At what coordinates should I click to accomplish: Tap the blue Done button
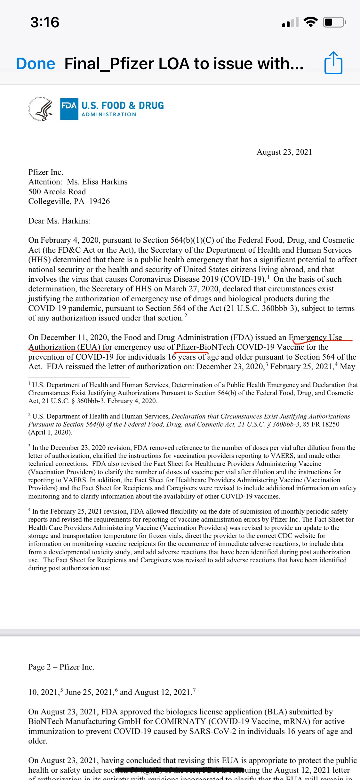(36, 64)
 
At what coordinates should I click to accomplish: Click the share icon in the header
(333, 63)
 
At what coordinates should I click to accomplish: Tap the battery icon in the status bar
(334, 22)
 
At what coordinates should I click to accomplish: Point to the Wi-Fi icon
(310, 22)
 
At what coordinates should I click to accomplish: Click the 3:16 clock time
(45, 22)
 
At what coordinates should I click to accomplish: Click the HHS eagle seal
(41, 109)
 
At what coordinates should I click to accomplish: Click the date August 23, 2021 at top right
(284, 152)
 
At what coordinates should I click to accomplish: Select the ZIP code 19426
(100, 201)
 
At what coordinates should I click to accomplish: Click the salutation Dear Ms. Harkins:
(60, 221)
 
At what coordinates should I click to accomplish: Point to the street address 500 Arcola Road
(57, 192)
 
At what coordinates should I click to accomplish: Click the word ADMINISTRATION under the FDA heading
(109, 115)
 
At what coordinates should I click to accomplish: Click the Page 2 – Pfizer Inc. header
(61, 667)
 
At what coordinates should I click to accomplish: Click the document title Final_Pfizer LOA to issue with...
(184, 63)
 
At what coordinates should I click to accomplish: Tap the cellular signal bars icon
(290, 22)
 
